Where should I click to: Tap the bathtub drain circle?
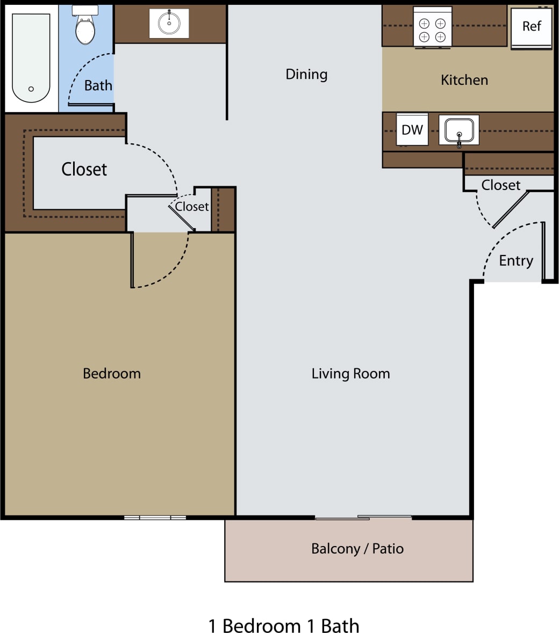coord(31,89)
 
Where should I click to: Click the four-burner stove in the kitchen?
coord(432,27)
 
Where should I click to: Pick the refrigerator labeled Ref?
coord(531,27)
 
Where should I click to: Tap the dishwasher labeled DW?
coord(412,129)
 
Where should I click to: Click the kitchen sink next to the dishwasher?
coord(458,130)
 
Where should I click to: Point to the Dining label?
coord(306,74)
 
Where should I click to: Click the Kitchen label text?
coord(464,80)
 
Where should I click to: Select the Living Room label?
coord(350,374)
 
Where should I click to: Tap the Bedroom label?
coord(112,374)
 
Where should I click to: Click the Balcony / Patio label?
coord(357,549)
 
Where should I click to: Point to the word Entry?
coord(516,261)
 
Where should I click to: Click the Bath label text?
coord(98,85)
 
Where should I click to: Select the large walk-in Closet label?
coord(84,169)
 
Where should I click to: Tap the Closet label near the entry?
coord(501,185)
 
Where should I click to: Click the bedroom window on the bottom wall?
coord(155,518)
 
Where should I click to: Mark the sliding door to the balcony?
coord(363,518)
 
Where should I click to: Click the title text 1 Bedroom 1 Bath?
coord(284,626)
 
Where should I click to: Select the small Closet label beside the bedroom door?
coord(192,207)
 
